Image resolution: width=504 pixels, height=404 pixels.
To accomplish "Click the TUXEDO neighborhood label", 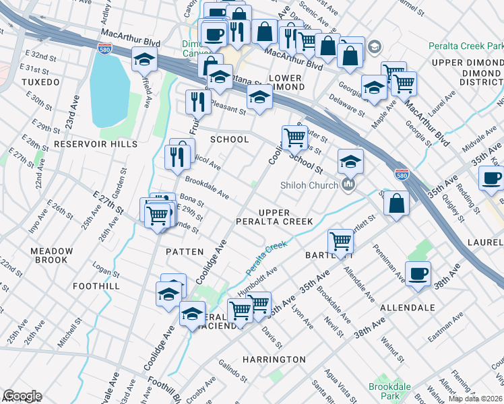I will (x=40, y=81).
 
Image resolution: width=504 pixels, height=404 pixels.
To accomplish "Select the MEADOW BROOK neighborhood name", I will (x=51, y=256).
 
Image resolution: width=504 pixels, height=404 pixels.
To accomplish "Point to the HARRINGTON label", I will (x=274, y=360).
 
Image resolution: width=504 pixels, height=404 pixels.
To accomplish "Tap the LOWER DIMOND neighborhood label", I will (x=285, y=83).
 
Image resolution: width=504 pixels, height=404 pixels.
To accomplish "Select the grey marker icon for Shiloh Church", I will (x=348, y=184).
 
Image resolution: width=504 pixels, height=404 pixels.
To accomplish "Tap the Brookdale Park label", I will (x=385, y=391).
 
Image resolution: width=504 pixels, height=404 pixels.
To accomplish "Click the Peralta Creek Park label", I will (x=465, y=46).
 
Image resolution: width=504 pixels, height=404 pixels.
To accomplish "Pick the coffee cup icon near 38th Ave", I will (x=418, y=273).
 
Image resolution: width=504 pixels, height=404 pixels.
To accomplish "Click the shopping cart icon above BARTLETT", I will (x=341, y=240).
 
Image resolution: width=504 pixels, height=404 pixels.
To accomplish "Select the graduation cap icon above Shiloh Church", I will (x=350, y=162).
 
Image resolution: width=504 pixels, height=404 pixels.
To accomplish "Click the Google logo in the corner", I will (x=22, y=396).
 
